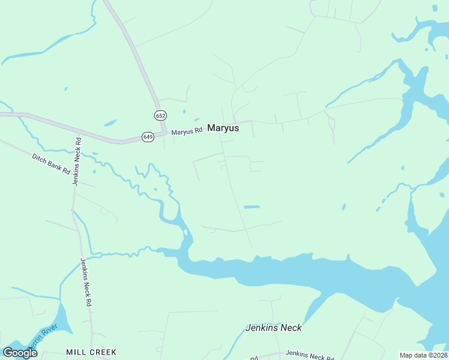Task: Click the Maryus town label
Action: tap(223, 128)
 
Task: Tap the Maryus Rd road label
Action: tap(187, 131)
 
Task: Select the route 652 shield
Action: tap(160, 115)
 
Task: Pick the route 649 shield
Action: tap(148, 137)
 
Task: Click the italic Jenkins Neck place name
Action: tap(273, 328)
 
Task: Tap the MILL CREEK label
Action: tap(91, 352)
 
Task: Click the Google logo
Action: tap(20, 353)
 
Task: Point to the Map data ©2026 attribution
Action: tap(423, 355)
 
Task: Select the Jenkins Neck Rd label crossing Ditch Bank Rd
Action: tap(76, 161)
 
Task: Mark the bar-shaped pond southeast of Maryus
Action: tap(252, 207)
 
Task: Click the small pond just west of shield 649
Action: tap(110, 123)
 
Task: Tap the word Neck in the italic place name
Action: tap(289, 328)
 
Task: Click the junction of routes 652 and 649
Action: tap(163, 131)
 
